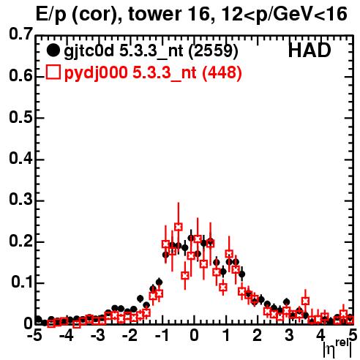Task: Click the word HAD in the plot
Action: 310,50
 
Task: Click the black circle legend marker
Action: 53,50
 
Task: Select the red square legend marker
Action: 53,72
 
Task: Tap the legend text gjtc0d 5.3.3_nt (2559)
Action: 151,51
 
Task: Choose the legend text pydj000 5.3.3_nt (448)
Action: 153,72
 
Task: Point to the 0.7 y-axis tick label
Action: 20,34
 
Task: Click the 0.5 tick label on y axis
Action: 20,117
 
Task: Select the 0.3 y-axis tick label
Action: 20,199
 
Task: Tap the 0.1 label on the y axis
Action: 22,282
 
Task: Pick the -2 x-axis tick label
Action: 130,336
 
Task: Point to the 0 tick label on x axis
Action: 194,336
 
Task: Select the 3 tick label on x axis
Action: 289,336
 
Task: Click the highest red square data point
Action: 179,227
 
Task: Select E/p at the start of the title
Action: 50,15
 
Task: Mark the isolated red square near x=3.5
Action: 305,301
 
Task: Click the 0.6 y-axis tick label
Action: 20,75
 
